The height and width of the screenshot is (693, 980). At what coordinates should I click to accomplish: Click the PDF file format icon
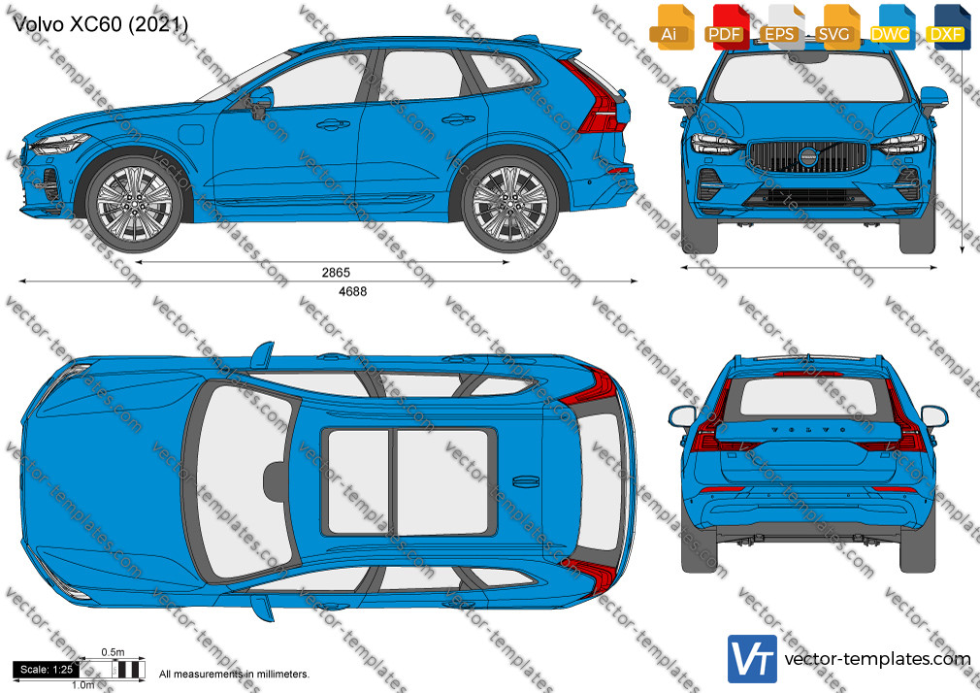click(725, 27)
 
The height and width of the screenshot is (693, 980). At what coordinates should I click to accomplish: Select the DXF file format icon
click(946, 27)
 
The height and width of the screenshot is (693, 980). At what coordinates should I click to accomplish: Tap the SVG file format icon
click(835, 27)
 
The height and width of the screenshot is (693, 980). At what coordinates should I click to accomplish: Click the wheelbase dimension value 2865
click(336, 272)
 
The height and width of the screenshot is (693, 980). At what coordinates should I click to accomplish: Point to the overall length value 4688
click(352, 291)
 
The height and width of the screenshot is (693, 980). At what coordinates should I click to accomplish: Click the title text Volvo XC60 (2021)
click(100, 23)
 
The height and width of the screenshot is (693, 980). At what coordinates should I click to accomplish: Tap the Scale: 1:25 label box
click(47, 670)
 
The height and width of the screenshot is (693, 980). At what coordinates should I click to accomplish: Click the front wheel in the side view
click(134, 203)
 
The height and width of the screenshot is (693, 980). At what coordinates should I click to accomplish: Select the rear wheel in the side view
click(509, 203)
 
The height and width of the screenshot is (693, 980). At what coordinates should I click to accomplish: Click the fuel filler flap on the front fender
click(191, 135)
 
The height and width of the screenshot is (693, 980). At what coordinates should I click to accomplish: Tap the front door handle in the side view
click(333, 125)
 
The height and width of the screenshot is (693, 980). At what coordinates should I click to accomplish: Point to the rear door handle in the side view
click(458, 118)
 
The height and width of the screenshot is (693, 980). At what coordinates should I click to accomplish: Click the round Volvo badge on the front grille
click(808, 155)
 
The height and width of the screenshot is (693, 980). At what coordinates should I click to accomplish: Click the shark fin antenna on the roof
click(526, 481)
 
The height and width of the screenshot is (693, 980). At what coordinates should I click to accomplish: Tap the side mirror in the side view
click(261, 103)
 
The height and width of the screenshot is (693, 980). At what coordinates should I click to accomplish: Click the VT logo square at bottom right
click(752, 659)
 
